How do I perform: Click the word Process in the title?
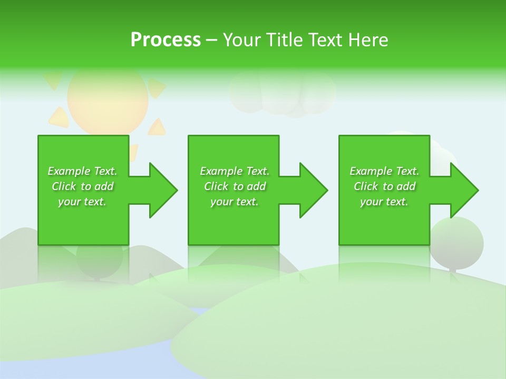[166, 40]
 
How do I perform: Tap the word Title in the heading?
[285, 40]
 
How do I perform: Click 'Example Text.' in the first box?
[82, 171]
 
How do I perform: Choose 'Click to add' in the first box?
[82, 186]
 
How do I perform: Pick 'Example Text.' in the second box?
[235, 171]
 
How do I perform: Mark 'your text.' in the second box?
[235, 202]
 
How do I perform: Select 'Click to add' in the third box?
[384, 186]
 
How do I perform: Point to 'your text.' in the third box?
[384, 202]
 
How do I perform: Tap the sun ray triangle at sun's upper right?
[155, 87]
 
